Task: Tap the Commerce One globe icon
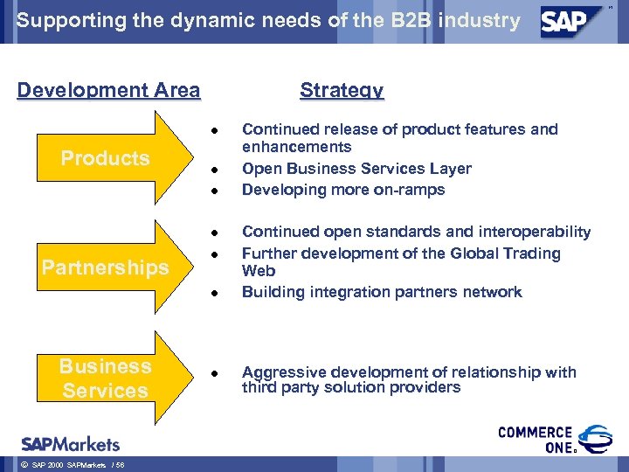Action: [597, 440]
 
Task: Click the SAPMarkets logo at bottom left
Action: [71, 443]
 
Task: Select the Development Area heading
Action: [108, 90]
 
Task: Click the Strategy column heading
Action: [341, 90]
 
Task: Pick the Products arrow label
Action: [105, 158]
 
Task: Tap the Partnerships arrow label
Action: [105, 267]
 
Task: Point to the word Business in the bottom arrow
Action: [105, 366]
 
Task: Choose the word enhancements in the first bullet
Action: [296, 147]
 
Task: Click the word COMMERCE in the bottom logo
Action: [535, 433]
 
